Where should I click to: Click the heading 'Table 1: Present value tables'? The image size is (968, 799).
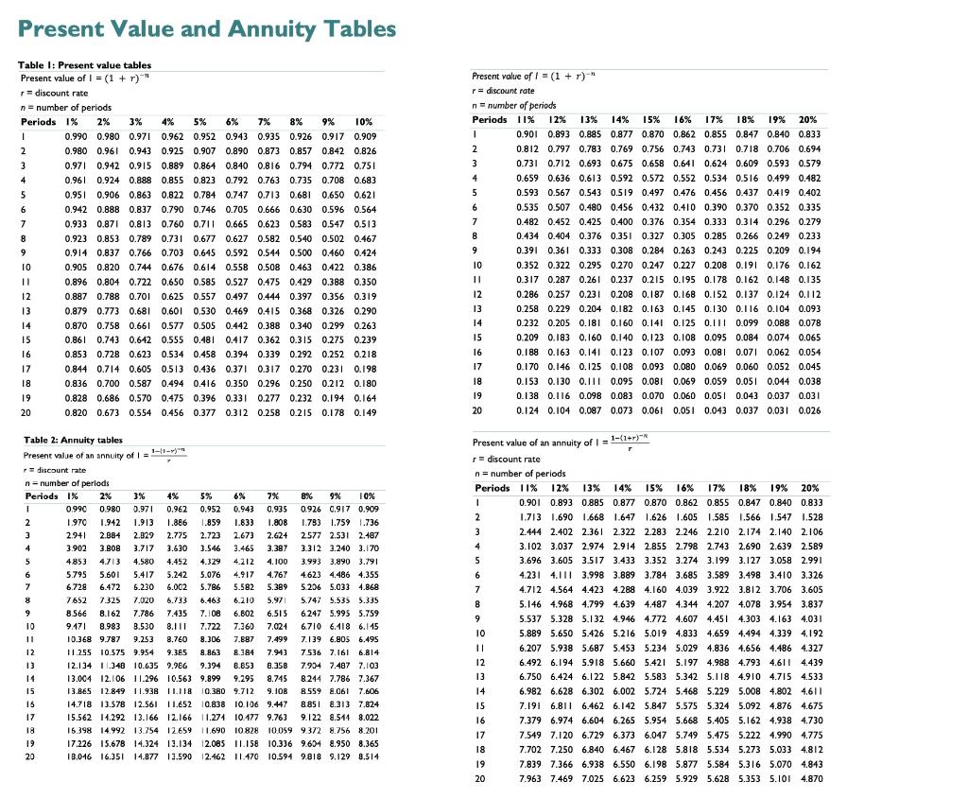(x=78, y=64)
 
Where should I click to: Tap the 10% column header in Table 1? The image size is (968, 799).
(x=365, y=122)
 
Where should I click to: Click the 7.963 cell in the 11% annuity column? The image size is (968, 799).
(x=532, y=777)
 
